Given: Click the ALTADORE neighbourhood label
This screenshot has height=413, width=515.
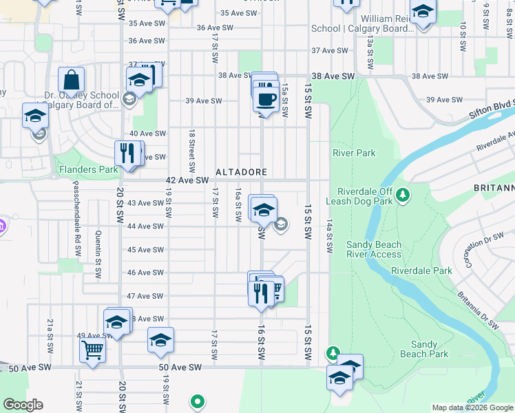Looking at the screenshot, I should (241, 171).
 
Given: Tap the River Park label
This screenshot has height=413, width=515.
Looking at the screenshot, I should (354, 153).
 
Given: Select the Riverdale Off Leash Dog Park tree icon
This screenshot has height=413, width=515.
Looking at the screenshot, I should (404, 196).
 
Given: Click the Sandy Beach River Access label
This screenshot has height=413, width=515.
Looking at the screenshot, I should (373, 249).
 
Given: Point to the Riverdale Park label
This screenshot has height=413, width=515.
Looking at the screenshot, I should (422, 271).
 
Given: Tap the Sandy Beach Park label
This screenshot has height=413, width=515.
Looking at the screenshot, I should (424, 349).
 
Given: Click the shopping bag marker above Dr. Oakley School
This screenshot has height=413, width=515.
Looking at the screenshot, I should (71, 80).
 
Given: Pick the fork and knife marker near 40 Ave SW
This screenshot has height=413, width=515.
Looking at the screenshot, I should (127, 152).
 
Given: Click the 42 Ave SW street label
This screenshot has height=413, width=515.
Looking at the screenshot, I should (187, 180).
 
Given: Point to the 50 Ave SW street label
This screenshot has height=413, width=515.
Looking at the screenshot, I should (180, 368).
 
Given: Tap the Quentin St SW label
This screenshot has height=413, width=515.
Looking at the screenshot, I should (98, 255).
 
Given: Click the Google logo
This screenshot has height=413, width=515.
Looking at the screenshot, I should (23, 405).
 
